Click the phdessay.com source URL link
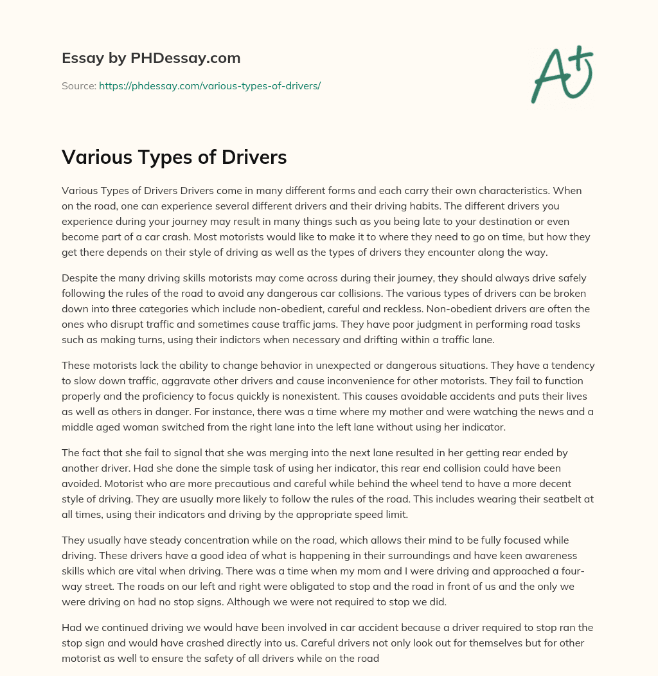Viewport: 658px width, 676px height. pyautogui.click(x=209, y=85)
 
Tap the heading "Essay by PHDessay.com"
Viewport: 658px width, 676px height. pyautogui.click(x=151, y=58)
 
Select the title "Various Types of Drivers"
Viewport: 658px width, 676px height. pyautogui.click(x=174, y=157)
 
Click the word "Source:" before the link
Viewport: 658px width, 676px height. pyautogui.click(x=78, y=85)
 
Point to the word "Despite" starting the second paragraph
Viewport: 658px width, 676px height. pyautogui.click(x=80, y=278)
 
